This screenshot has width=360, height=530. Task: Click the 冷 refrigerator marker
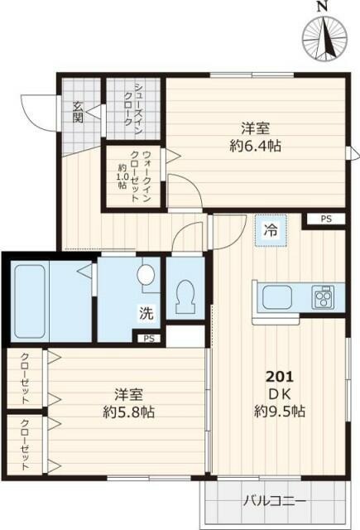[x=271, y=231]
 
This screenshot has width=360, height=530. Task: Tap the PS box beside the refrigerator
[x=325, y=219]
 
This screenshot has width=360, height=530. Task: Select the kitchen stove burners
[x=322, y=297]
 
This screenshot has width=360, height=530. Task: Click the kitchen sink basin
[x=277, y=296]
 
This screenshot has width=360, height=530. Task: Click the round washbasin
[x=148, y=274]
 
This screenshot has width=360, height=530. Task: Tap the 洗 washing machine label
[x=146, y=314]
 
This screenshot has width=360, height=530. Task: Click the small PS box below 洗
[x=148, y=338]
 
